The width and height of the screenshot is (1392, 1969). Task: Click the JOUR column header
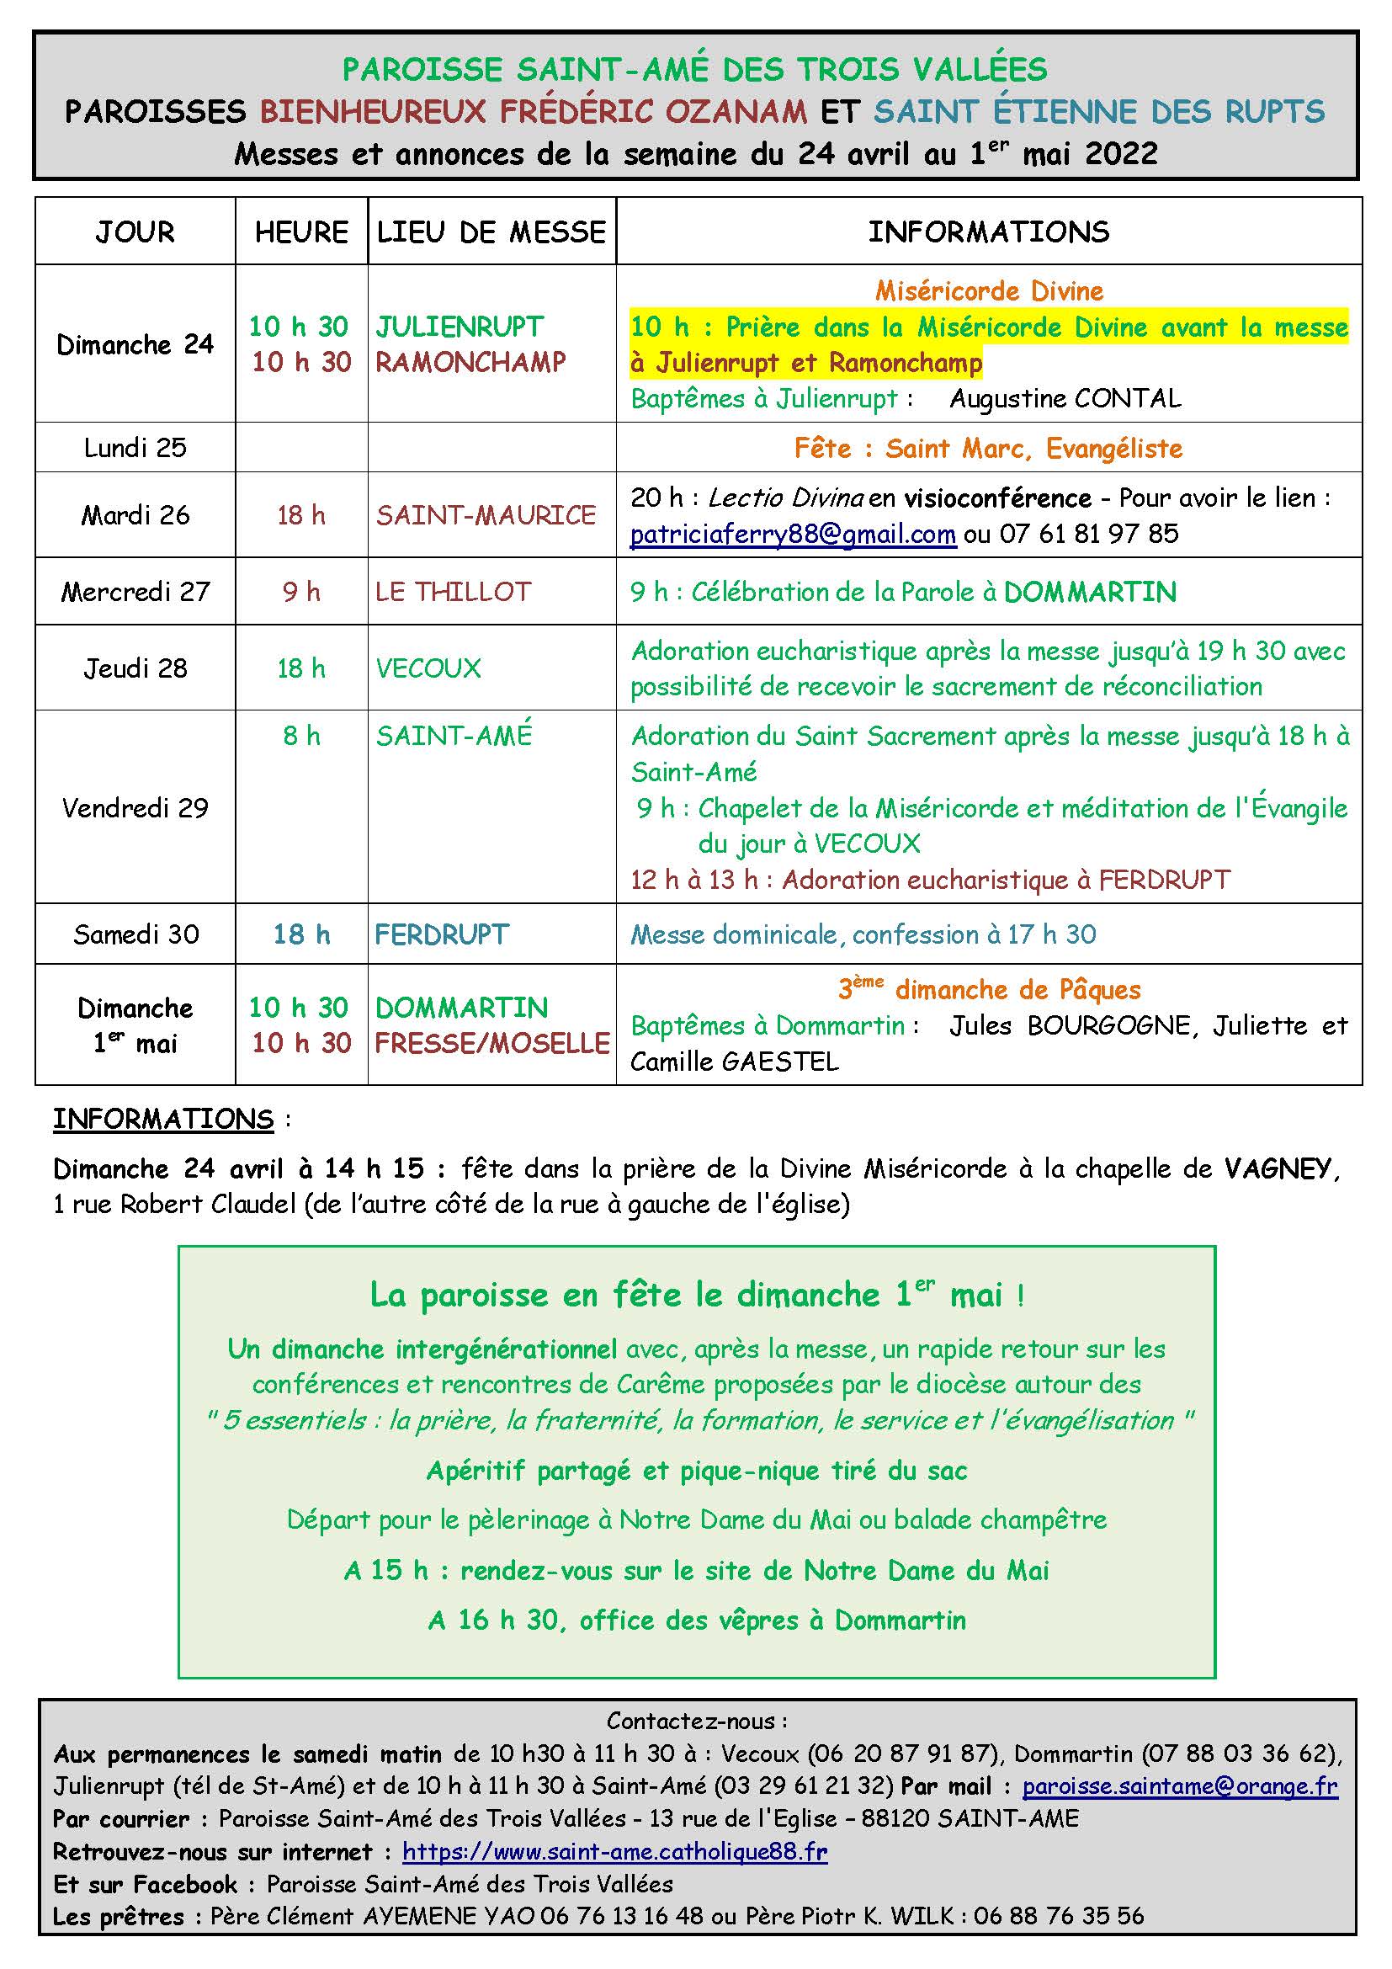[x=135, y=231]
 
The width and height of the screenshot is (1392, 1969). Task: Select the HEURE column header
[x=300, y=231]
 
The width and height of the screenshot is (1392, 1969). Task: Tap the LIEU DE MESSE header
[x=491, y=231]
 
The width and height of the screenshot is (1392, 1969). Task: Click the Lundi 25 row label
[x=135, y=448]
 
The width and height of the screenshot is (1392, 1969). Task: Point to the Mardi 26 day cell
[x=135, y=514]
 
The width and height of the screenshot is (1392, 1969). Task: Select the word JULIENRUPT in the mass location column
[x=460, y=327]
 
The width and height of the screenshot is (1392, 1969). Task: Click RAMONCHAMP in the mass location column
[x=470, y=362]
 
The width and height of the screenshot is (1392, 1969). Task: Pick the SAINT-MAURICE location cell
[x=486, y=514]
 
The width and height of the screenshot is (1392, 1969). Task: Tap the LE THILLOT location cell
[x=454, y=591]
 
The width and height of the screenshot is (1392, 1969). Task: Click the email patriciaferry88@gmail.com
[x=793, y=535]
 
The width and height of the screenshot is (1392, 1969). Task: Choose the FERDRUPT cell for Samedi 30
[x=442, y=934]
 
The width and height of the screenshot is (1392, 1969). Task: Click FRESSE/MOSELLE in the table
[x=492, y=1043]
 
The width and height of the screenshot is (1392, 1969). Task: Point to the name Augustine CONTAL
[x=1065, y=399]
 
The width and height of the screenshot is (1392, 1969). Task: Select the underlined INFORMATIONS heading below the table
[x=163, y=1119]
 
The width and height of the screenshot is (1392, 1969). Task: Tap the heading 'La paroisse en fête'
[x=696, y=1294]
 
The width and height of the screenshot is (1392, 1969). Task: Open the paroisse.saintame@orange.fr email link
[x=1179, y=1786]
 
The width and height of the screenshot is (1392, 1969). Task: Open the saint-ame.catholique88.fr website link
[x=614, y=1852]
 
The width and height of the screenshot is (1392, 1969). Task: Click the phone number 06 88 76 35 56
[x=1059, y=1917]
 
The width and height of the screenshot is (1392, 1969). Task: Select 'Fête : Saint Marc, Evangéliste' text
[x=988, y=448]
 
